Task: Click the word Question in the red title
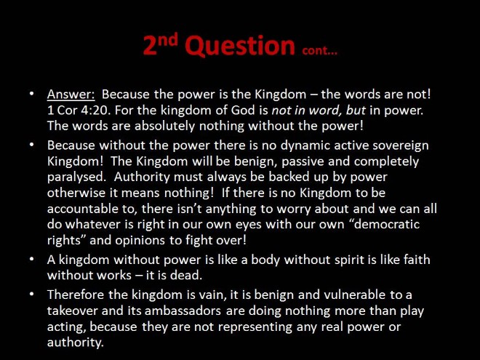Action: pos(240,46)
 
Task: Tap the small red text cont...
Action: pos(319,50)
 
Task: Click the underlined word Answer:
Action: pos(71,95)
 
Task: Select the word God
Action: pos(243,111)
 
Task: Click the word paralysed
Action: pos(76,177)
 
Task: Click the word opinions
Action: pos(141,240)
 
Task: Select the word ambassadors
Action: pos(183,311)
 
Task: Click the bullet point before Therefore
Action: pos(32,295)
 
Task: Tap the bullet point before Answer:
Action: pos(32,93)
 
